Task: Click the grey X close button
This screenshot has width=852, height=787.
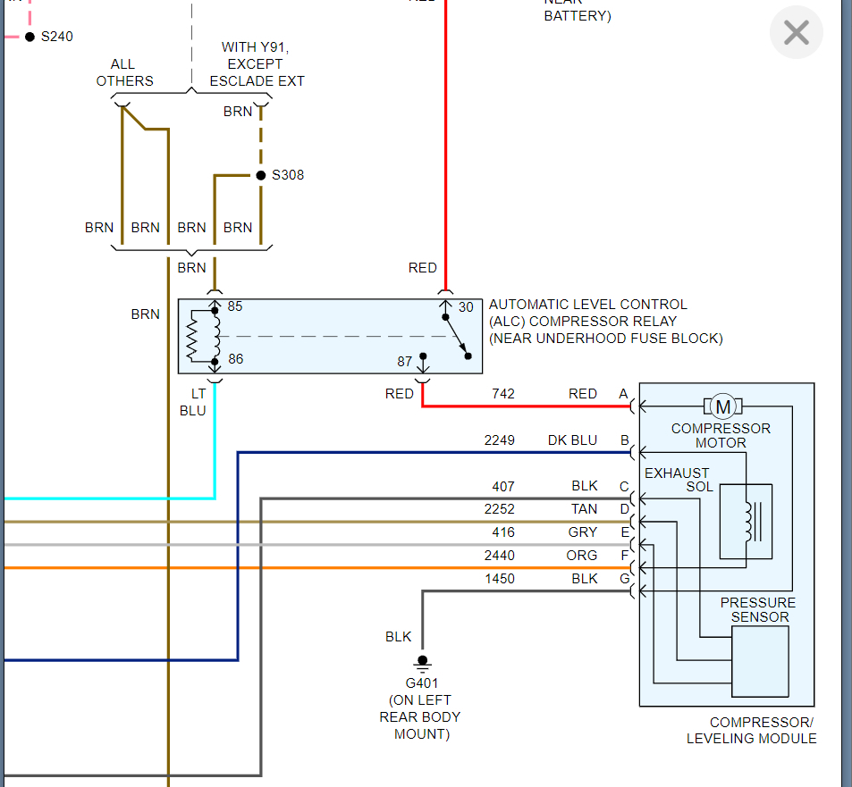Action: (796, 34)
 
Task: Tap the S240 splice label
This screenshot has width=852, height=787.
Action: (56, 37)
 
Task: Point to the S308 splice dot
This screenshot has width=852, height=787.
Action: (260, 175)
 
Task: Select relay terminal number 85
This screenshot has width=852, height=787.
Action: (235, 306)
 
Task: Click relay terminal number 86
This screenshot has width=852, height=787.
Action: (235, 359)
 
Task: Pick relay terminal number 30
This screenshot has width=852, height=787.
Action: (466, 307)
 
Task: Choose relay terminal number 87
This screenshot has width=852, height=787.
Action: (405, 361)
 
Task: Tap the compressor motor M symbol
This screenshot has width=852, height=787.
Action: (722, 407)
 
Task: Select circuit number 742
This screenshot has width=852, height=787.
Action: (503, 394)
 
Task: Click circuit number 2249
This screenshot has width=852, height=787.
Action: (500, 440)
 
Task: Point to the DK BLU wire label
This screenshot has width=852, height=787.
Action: (572, 440)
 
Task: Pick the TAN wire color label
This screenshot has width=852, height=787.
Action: (584, 509)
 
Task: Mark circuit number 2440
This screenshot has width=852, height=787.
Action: (500, 556)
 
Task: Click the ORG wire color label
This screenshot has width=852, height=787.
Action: (583, 556)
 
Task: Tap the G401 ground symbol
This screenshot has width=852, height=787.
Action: (422, 664)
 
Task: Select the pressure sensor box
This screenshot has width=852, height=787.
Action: (760, 661)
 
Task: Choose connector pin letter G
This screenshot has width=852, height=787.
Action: (624, 579)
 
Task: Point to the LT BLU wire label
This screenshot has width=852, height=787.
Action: (198, 402)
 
